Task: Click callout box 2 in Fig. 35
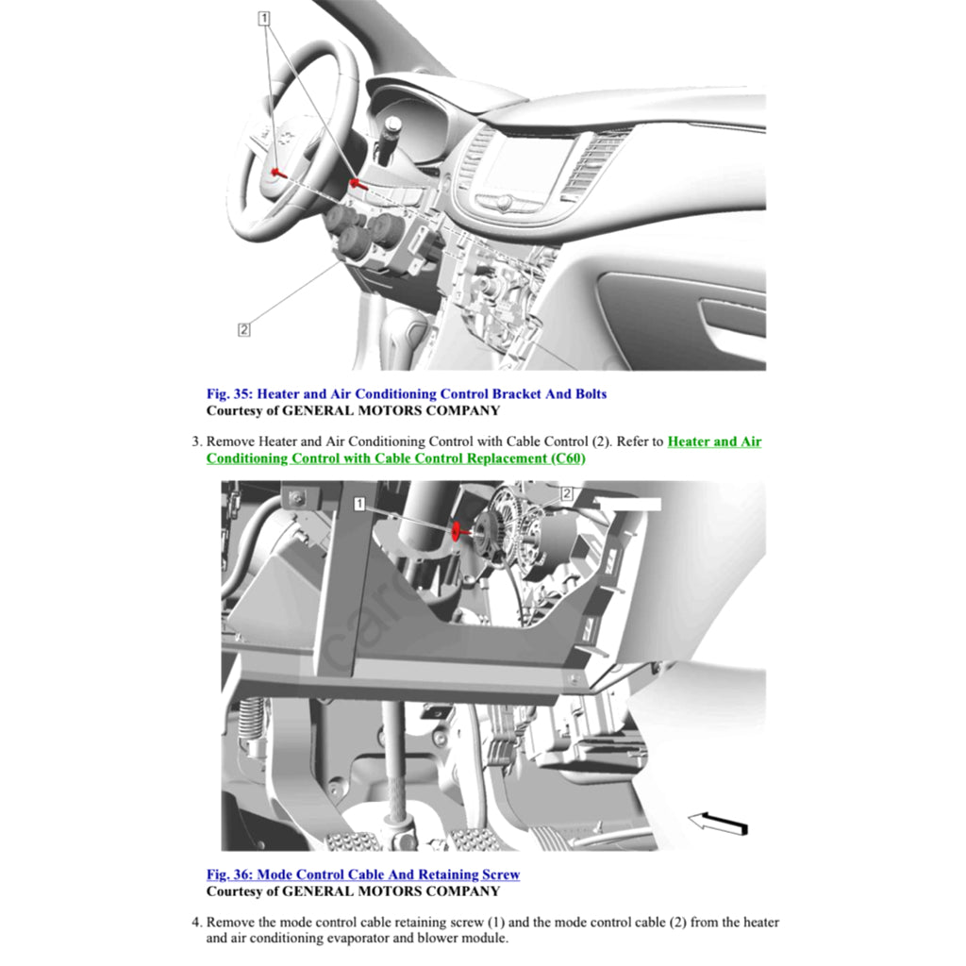pyautogui.click(x=244, y=329)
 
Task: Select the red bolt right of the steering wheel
pyautogui.click(x=356, y=183)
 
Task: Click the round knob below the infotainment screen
pyautogui.click(x=505, y=202)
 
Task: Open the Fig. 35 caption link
pyautogui.click(x=407, y=393)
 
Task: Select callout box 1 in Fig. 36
pyautogui.click(x=359, y=505)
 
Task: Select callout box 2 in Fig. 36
pyautogui.click(x=567, y=492)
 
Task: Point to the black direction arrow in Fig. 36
pyautogui.click(x=718, y=824)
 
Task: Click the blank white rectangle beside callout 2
pyautogui.click(x=629, y=504)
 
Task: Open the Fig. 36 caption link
pyautogui.click(x=363, y=874)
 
